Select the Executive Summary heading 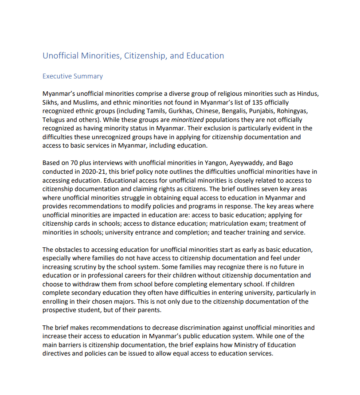click(x=72, y=76)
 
